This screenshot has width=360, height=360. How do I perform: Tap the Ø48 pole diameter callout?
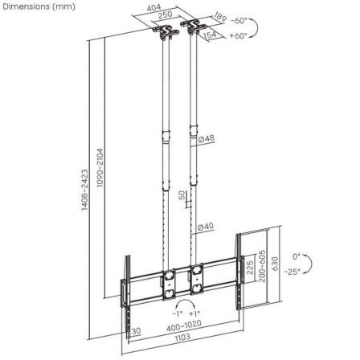click(x=206, y=138)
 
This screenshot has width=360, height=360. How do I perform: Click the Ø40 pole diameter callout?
click(x=206, y=227)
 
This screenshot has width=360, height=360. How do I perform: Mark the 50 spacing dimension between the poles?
click(x=182, y=195)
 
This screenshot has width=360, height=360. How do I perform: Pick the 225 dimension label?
click(x=249, y=268)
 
